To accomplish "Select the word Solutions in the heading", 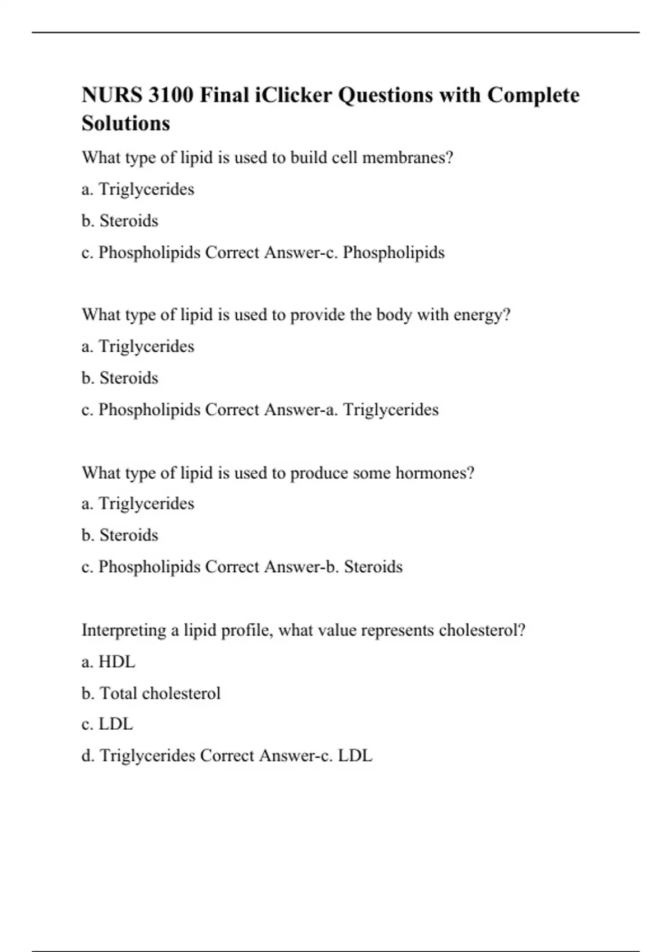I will coord(125,123).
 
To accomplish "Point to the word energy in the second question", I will coord(478,315).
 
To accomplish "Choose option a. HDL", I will coord(108,662).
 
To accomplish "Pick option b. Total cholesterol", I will coord(151,693).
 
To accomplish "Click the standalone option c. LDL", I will coord(107,724).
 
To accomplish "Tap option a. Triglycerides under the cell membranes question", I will coord(138,189).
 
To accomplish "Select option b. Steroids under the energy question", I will coord(120,378).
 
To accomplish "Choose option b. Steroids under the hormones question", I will coord(120,535).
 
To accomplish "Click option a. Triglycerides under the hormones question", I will coord(138,503).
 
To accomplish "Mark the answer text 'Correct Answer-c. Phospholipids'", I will coord(325,253).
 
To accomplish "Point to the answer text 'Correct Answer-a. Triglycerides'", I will coord(322,410).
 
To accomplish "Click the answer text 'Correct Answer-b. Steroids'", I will coord(304,567).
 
